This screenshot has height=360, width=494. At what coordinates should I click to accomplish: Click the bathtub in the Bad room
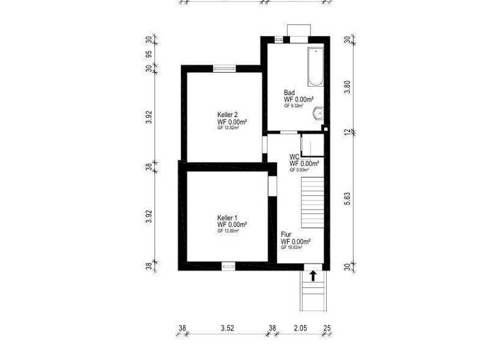pos(315,66)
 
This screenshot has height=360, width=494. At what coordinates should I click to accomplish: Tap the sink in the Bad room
pos(317,114)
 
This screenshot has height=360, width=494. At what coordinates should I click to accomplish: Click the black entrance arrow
pos(313,276)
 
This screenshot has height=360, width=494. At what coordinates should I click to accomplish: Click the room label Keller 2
pos(228,115)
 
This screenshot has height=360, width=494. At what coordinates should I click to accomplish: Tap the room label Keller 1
pos(228,218)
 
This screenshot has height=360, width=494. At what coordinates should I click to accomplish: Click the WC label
pos(294,156)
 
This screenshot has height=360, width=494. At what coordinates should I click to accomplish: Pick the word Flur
pos(286,235)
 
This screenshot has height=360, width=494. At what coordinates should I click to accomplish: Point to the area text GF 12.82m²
pos(228,128)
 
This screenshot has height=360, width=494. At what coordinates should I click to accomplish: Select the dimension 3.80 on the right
pos(347,87)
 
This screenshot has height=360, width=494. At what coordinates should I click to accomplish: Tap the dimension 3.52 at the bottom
pos(226,328)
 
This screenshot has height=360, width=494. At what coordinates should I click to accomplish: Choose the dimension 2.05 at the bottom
pos(300,328)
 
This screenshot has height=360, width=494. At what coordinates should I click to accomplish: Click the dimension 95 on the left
pos(149,54)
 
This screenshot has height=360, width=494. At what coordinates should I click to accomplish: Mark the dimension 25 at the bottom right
pos(328,328)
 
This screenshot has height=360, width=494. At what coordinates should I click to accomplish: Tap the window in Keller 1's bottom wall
pos(228,265)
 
